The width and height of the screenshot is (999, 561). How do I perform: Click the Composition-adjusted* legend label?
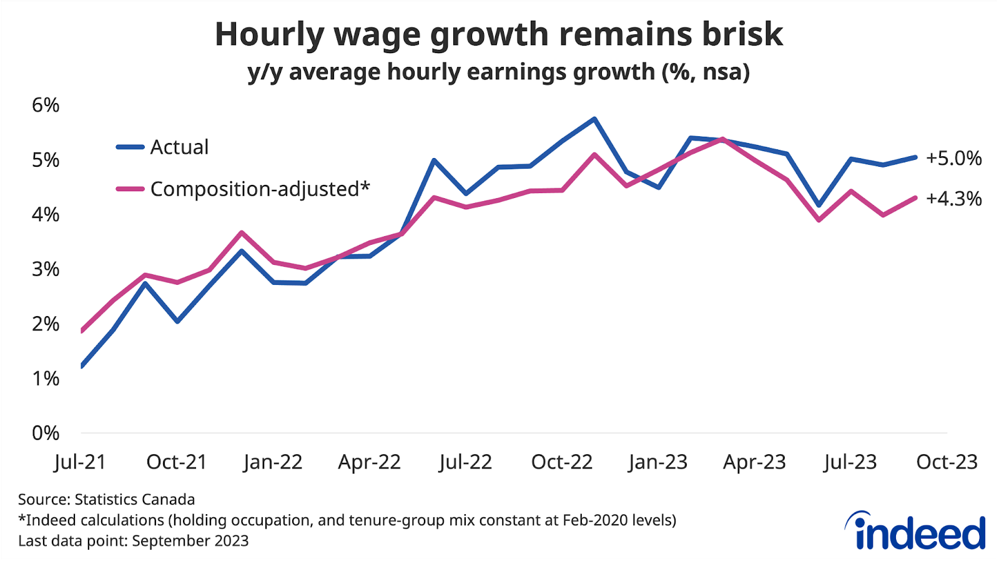(x=260, y=189)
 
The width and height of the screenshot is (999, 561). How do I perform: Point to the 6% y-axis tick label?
(x=46, y=105)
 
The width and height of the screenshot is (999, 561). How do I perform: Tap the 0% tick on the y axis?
(x=46, y=433)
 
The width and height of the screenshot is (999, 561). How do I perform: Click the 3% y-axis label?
(x=46, y=269)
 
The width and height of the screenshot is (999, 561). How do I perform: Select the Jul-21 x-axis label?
(x=80, y=462)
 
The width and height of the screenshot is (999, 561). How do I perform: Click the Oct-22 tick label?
(x=561, y=462)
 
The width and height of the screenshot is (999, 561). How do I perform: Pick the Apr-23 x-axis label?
(x=754, y=462)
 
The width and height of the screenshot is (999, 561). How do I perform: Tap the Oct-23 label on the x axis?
(x=947, y=462)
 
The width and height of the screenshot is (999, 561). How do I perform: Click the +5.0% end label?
(x=953, y=158)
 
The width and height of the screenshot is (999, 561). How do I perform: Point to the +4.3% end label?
(x=953, y=199)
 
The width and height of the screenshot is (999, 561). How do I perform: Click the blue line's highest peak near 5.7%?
(x=594, y=119)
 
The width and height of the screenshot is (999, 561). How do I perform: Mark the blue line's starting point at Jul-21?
(x=82, y=366)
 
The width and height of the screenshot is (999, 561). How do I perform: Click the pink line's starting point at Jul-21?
(x=82, y=331)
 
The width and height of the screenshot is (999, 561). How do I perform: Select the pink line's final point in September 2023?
(x=915, y=198)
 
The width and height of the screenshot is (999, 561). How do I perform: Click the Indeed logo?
(x=915, y=531)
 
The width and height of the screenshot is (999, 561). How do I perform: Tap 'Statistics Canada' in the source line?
(x=134, y=500)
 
